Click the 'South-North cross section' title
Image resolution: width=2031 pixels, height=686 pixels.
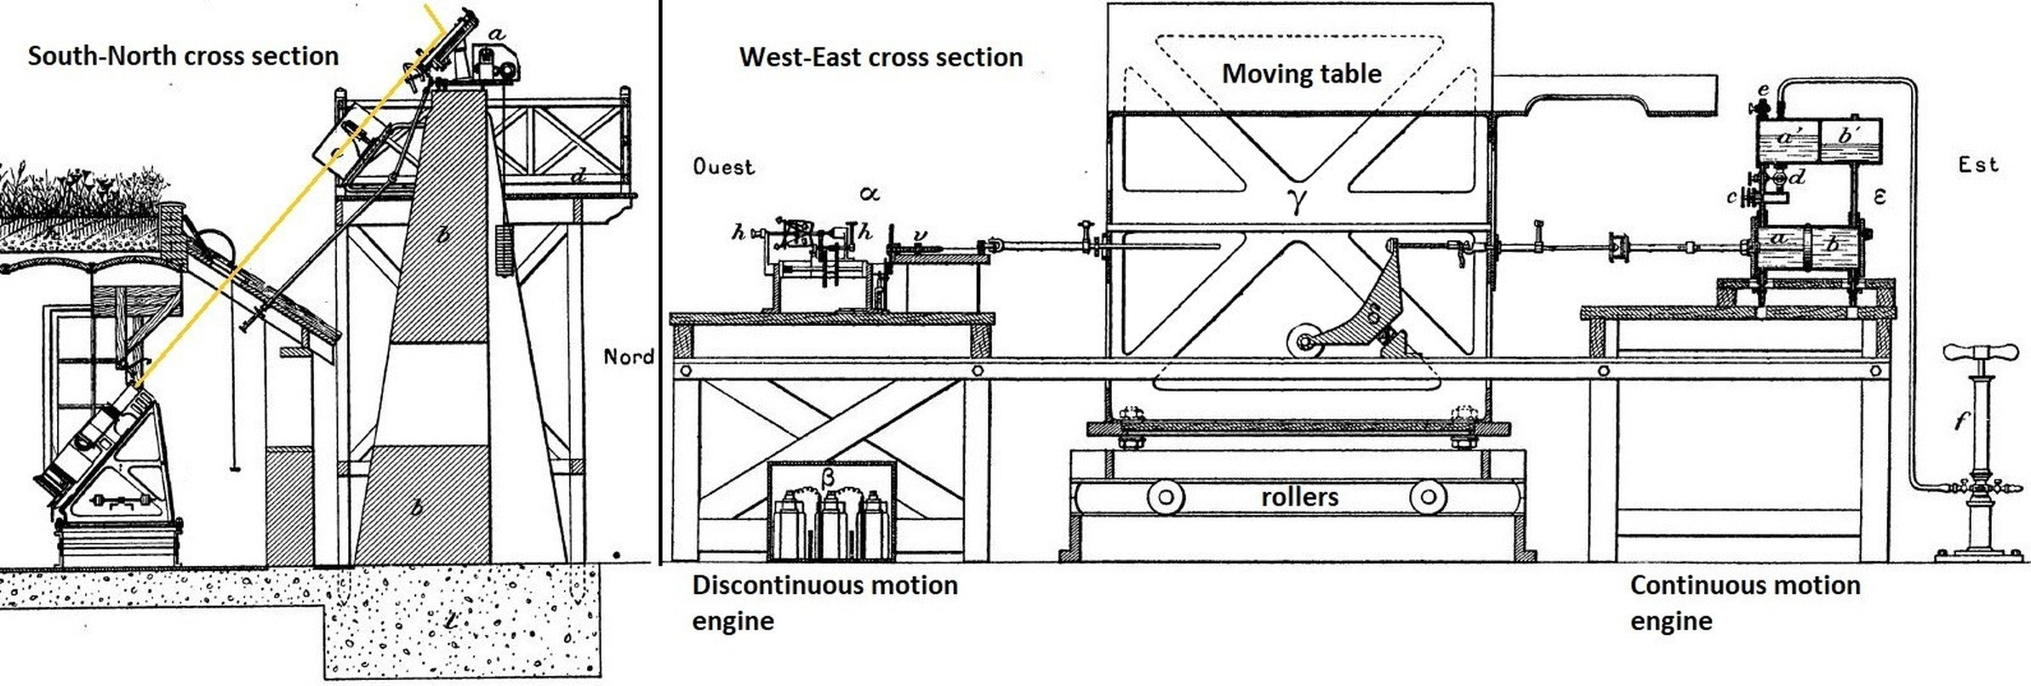coord(183,56)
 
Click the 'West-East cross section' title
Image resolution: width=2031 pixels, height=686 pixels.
coord(881,57)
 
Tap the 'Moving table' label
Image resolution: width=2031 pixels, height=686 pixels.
coord(1301,74)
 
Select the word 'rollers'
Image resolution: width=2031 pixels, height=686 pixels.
coord(1299,497)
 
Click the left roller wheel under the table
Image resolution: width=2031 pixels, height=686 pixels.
coord(1166,497)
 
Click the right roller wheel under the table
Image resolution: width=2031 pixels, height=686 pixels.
coord(1428,497)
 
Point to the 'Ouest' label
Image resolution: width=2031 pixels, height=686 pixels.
coord(723,167)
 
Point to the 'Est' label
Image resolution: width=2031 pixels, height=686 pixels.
coord(1977,164)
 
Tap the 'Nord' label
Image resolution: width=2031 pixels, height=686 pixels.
coord(629,357)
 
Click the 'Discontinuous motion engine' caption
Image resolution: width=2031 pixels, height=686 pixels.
coord(824,603)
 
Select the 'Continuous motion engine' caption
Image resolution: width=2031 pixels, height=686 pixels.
coord(1744,603)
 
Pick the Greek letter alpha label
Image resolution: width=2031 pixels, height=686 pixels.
coord(868,194)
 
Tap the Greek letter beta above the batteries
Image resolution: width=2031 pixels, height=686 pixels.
coord(827,477)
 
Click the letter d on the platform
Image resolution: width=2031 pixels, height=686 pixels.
coord(579,176)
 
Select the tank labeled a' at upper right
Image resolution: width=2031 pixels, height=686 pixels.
coord(1788,140)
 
